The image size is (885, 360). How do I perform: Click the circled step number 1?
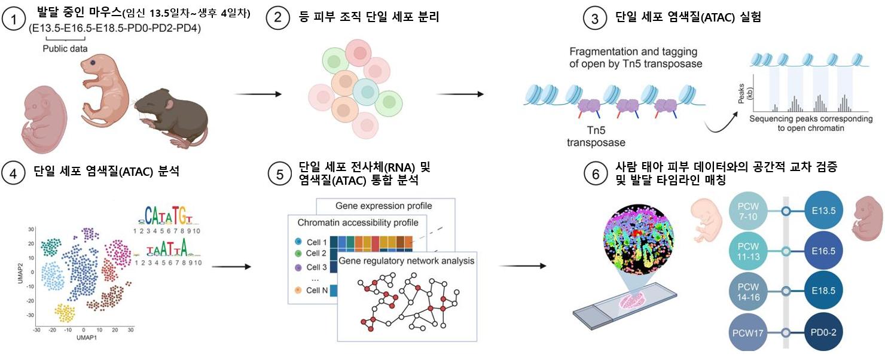(x=14, y=19)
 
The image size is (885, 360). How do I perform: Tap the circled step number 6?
(x=596, y=174)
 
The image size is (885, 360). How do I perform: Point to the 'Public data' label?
(x=65, y=48)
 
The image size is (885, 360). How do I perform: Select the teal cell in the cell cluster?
(x=366, y=91)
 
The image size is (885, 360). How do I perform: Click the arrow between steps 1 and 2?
(x=258, y=94)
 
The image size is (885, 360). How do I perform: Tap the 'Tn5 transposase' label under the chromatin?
(x=596, y=136)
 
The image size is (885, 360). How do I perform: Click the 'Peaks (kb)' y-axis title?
(x=745, y=93)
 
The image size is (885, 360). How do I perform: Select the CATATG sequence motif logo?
(x=166, y=216)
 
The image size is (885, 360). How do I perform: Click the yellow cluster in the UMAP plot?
(x=65, y=313)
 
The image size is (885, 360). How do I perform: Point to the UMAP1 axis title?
(x=87, y=337)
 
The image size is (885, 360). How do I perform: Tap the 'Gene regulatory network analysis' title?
(x=407, y=261)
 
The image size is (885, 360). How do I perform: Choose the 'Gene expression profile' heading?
(x=384, y=206)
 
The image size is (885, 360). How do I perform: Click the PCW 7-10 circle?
(x=748, y=212)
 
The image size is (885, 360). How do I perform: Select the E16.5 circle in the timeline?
(x=823, y=251)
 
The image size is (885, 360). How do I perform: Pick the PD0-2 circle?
(x=823, y=332)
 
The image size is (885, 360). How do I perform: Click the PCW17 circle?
(x=748, y=332)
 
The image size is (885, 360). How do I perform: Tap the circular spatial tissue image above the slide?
(x=639, y=240)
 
